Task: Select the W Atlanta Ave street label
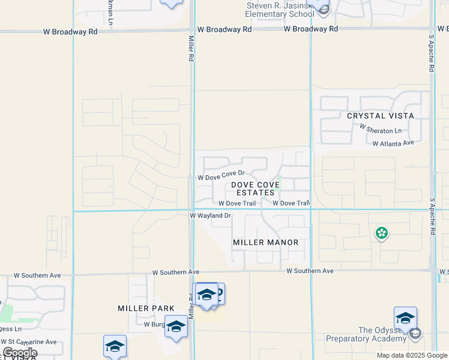coord(393,143)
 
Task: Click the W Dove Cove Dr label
coord(220,175)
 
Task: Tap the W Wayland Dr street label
coord(210,215)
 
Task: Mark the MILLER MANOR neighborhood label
coord(265,242)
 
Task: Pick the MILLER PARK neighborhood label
coord(146,308)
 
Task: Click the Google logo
coord(19,353)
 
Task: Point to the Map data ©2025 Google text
coord(411,355)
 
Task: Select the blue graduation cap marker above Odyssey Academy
coord(405,317)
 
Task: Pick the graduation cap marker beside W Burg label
coord(176,326)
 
